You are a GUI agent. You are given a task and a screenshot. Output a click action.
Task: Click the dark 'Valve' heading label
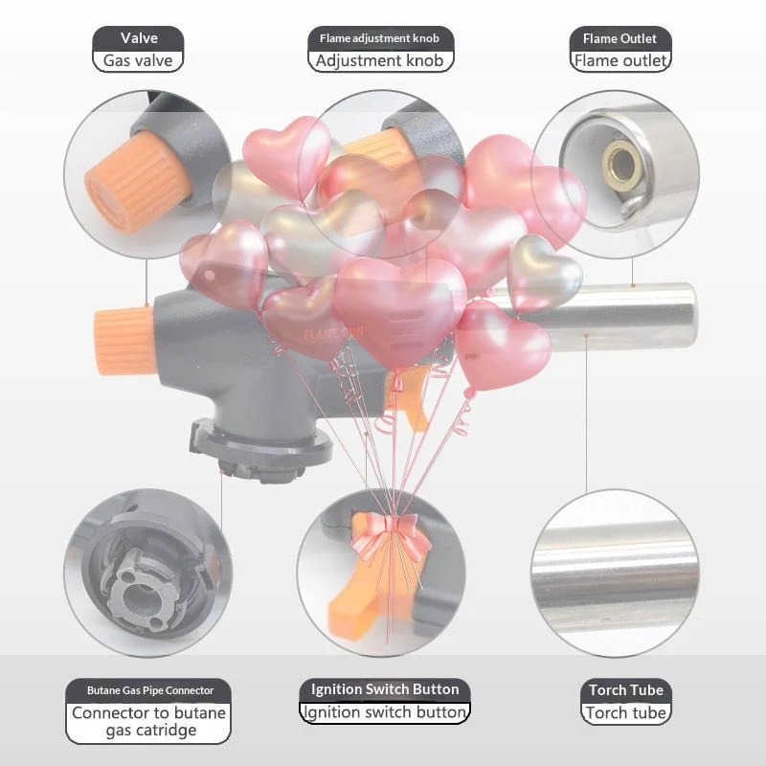[139, 38]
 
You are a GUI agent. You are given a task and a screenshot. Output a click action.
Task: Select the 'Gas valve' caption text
[138, 60]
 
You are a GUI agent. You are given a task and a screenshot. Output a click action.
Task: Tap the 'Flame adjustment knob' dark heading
[379, 38]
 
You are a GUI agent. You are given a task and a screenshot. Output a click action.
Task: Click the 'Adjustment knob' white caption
[379, 60]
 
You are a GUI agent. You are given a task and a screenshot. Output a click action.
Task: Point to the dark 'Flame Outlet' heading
[620, 38]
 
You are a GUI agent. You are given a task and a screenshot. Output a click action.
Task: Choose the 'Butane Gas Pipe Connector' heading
[150, 690]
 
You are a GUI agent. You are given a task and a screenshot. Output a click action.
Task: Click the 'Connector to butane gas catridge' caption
[149, 722]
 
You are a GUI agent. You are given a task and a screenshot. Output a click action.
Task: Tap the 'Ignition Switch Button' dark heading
[385, 689]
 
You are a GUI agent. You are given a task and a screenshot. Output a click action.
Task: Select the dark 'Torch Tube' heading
[626, 689]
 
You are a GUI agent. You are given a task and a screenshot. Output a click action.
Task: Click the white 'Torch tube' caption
[626, 712]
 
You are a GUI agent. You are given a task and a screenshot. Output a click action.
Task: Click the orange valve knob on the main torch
[124, 341]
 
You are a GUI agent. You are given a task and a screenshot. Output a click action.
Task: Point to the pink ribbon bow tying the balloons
[390, 535]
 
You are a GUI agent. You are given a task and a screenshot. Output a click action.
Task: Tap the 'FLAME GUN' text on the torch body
[333, 333]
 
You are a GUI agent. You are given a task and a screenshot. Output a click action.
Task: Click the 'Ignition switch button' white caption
[385, 711]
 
